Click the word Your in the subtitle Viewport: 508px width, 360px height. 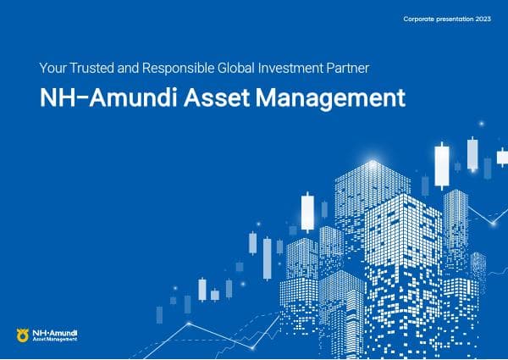[x=53, y=66]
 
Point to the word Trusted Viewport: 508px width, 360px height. [x=95, y=66]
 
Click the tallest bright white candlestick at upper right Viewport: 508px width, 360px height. [x=442, y=165]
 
